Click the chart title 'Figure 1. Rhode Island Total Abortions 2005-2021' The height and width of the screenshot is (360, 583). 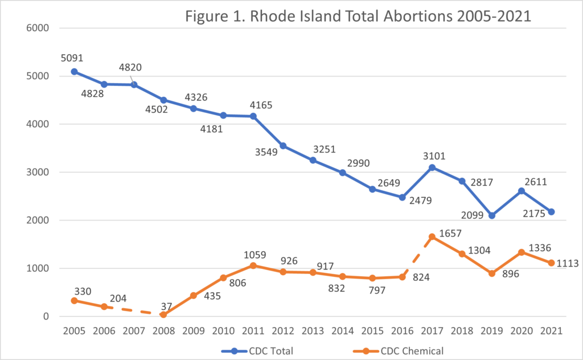359,17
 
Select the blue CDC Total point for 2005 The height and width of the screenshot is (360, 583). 74,72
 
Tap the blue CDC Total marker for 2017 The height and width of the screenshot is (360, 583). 432,167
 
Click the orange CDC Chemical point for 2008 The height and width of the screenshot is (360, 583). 163,314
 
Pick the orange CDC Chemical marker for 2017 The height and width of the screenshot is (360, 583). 432,236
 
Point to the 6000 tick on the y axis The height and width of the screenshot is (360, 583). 37,28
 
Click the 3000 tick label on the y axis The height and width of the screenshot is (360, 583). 37,172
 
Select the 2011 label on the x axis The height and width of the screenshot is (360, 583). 253,330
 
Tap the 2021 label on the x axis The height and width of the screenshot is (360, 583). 551,330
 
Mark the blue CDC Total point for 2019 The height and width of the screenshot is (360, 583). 492,215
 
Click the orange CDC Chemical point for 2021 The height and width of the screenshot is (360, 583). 551,263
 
